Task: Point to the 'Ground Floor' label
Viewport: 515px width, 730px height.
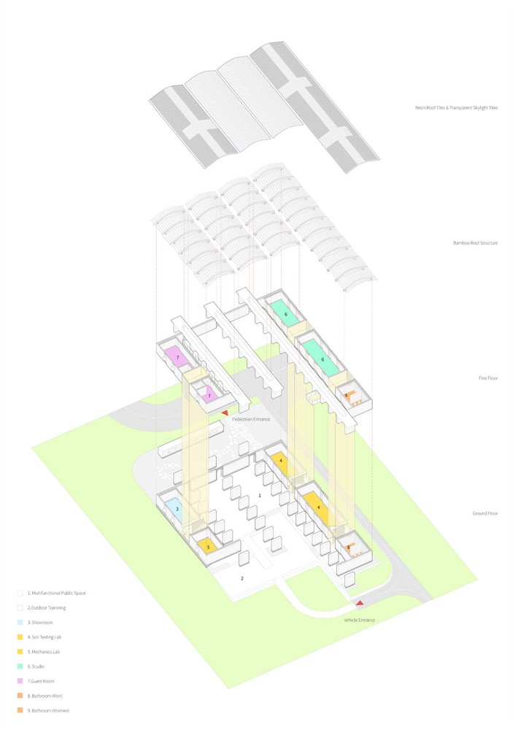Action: click(484, 513)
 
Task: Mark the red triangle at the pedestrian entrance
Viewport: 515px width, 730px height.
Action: click(224, 414)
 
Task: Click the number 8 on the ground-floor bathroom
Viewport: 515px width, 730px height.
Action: click(349, 547)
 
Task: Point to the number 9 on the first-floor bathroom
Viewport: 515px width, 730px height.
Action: click(346, 396)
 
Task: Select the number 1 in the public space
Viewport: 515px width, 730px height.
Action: click(259, 495)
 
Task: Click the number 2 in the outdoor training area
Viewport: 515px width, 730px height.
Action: click(241, 578)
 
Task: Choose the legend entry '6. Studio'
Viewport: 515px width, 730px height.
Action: click(43, 666)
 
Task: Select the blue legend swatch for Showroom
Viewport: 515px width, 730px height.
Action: click(20, 622)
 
